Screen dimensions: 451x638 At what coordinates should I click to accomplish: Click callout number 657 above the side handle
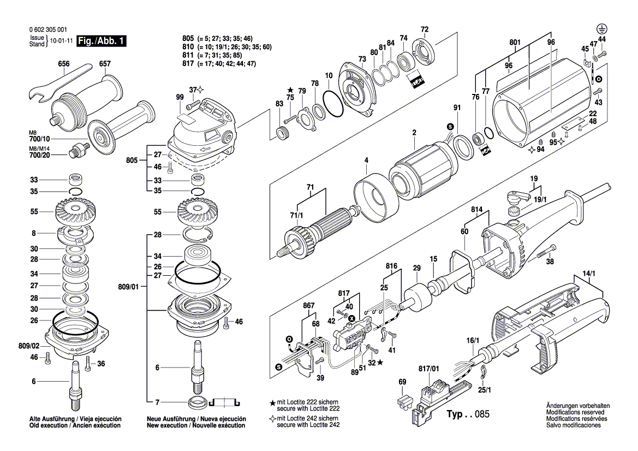pyautogui.click(x=105, y=64)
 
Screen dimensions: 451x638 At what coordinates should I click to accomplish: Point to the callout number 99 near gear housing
pyautogui.click(x=180, y=97)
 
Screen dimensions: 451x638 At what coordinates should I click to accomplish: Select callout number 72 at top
pyautogui.click(x=424, y=29)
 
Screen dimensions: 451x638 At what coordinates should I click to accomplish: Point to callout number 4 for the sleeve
pyautogui.click(x=367, y=160)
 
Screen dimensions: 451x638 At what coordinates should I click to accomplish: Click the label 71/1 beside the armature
pyautogui.click(x=296, y=215)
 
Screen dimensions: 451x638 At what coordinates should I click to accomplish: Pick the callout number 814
pyautogui.click(x=476, y=209)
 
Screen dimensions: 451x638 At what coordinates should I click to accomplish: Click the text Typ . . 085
pyautogui.click(x=467, y=414)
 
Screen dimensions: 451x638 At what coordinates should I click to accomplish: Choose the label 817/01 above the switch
pyautogui.click(x=428, y=369)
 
